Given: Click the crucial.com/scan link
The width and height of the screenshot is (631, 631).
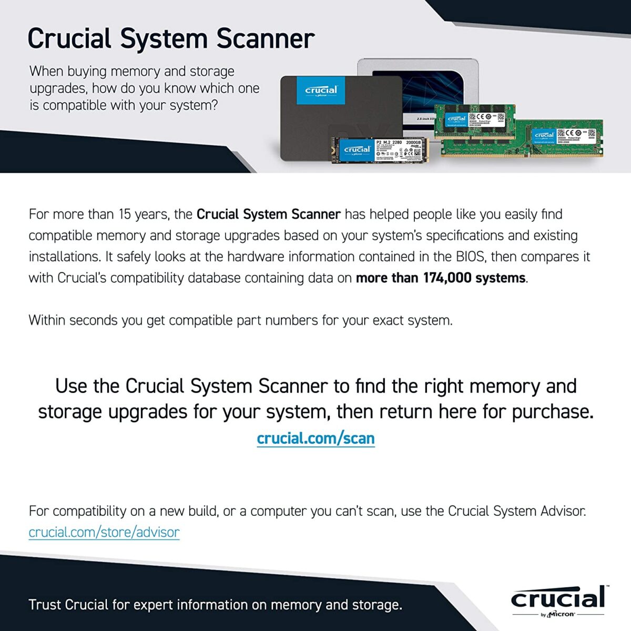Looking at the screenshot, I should (315, 438).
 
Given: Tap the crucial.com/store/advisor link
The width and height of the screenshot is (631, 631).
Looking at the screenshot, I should (104, 532).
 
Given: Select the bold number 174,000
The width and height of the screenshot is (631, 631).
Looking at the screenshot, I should (447, 278).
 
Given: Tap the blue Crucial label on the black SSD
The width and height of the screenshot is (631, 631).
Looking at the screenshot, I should (321, 90).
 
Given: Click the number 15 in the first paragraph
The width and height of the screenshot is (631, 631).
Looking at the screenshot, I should (125, 215).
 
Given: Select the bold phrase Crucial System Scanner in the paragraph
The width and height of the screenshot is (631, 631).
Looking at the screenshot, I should (268, 215).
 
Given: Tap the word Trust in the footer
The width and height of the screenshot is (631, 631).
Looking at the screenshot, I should (45, 605).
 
